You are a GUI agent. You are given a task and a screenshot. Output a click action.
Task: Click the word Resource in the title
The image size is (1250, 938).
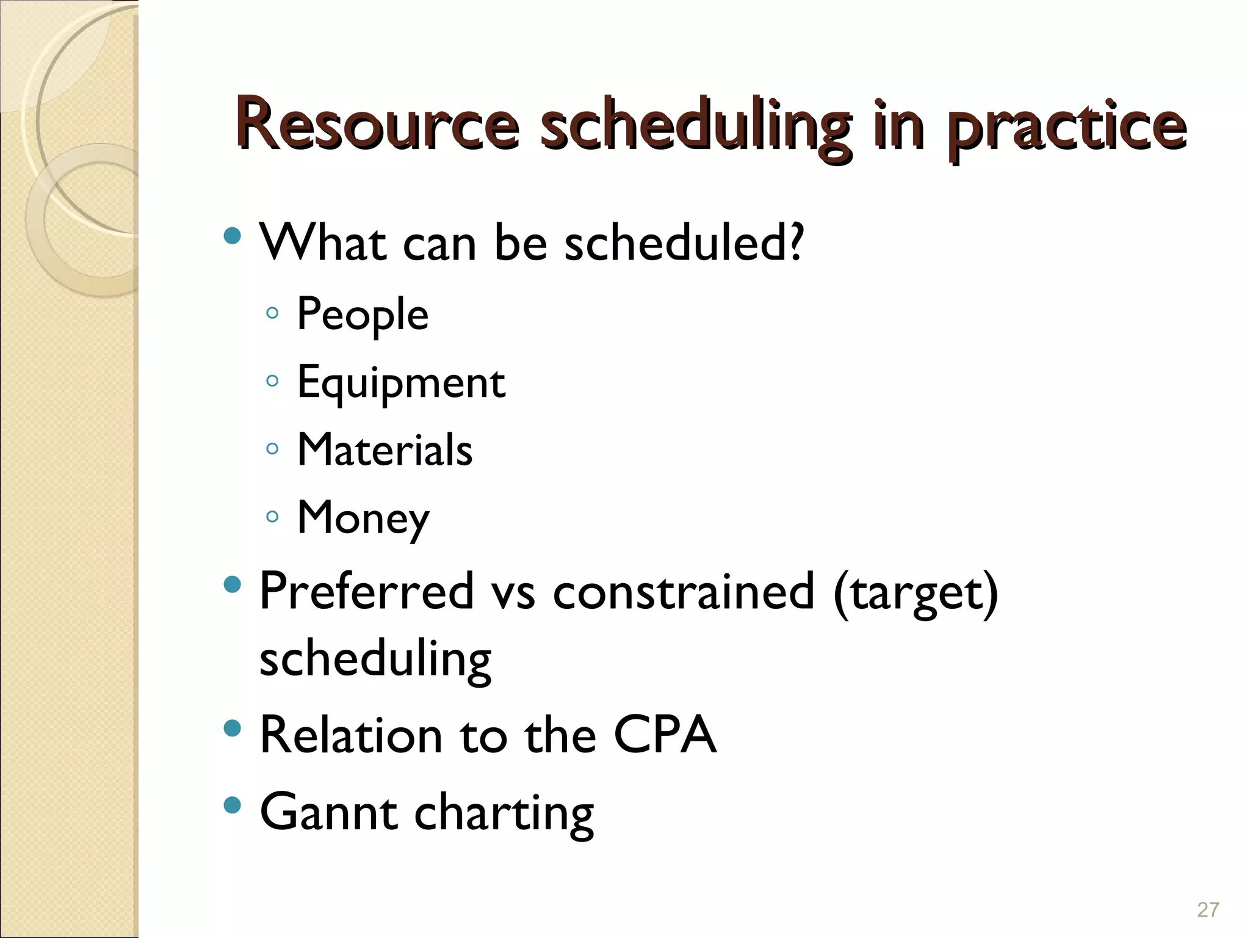tap(378, 125)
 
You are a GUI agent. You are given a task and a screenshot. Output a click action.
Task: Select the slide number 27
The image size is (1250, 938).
tap(1208, 910)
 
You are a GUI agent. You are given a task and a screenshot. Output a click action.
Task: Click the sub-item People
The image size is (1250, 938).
tap(363, 315)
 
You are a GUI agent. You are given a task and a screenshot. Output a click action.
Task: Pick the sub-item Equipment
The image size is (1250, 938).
tap(401, 383)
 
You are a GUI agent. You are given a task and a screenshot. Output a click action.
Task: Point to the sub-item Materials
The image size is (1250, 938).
tap(385, 450)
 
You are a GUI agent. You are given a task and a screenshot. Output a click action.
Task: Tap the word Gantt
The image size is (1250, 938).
tap(329, 812)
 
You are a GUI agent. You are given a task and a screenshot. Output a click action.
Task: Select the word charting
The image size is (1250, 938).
tap(504, 813)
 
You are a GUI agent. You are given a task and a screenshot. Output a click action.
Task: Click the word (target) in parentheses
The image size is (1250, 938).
tap(916, 592)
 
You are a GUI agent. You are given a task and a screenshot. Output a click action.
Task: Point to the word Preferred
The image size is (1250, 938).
tap(367, 591)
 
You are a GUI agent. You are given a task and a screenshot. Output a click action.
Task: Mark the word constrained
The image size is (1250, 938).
tap(684, 591)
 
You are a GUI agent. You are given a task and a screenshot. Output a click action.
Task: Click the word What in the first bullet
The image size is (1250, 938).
tap(323, 242)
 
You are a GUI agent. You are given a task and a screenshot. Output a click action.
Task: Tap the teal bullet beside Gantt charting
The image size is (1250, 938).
tap(232, 805)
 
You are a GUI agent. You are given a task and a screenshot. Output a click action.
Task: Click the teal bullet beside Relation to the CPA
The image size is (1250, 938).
tap(232, 727)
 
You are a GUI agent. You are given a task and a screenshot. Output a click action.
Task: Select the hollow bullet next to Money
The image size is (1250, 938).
tap(272, 517)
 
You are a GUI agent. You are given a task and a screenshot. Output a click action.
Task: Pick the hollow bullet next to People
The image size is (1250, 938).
tap(272, 313)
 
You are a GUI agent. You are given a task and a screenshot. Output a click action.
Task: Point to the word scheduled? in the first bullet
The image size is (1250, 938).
tap(684, 242)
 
